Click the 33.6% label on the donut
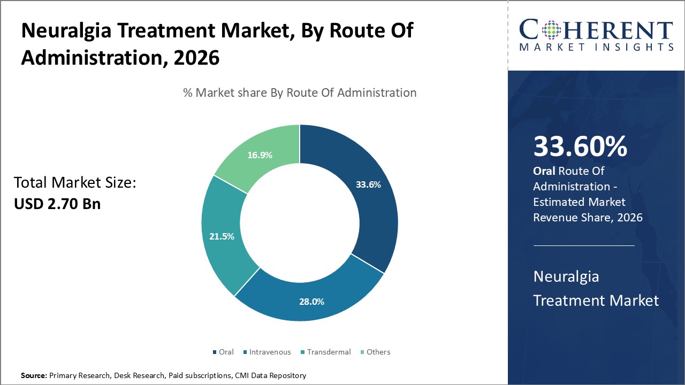(x=368, y=185)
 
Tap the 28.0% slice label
(x=311, y=302)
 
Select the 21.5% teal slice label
(x=222, y=236)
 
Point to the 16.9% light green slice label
(x=260, y=155)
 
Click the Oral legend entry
(x=223, y=352)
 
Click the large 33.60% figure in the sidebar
(x=580, y=147)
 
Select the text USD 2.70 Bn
(x=57, y=204)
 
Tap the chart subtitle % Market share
(x=300, y=93)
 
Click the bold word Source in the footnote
(x=33, y=376)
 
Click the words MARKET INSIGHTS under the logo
(x=596, y=47)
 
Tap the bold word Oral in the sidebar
(x=544, y=171)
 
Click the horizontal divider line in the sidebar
(x=584, y=245)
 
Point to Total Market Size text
(x=75, y=183)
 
